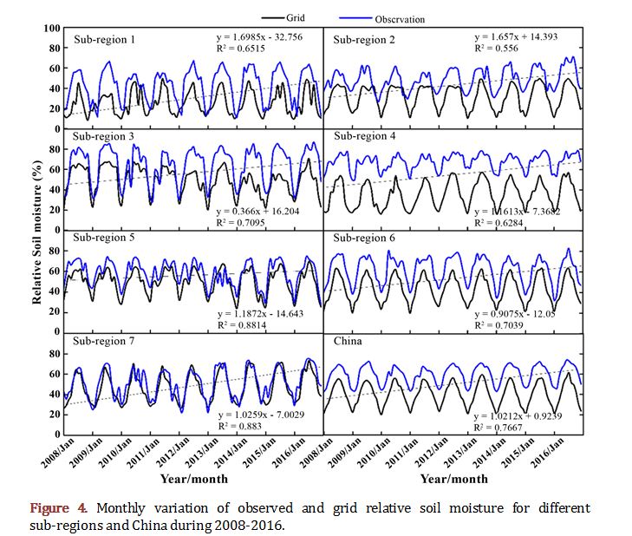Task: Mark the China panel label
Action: (x=349, y=341)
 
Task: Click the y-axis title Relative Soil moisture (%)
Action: (x=38, y=231)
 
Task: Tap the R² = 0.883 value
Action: (x=241, y=427)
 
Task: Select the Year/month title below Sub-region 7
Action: (x=193, y=478)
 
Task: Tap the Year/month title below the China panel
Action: (x=453, y=478)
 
